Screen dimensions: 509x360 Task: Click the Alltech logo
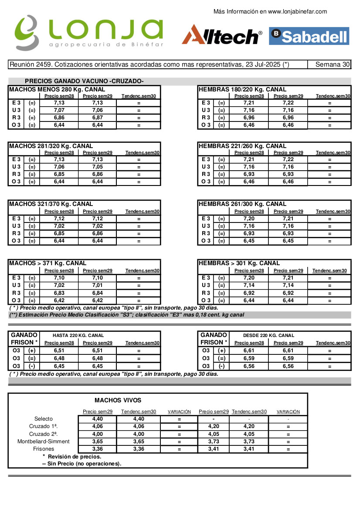tap(222, 35)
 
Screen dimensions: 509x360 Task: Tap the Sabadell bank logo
tap(309, 36)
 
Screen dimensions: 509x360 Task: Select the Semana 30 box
tap(333, 65)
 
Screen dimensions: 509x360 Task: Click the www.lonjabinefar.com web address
tap(297, 12)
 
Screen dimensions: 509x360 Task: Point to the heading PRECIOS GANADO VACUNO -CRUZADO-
tap(84, 81)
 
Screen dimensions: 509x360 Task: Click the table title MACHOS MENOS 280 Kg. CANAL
tap(57, 89)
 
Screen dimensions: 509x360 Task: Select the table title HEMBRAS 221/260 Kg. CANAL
tap(243, 146)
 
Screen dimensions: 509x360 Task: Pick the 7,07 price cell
tap(59, 110)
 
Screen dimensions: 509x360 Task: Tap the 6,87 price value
tap(98, 118)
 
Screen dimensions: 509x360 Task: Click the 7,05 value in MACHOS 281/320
tap(98, 167)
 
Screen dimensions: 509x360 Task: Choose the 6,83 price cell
tap(59, 293)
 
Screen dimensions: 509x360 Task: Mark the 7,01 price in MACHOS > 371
tap(98, 285)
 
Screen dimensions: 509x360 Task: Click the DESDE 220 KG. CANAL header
tap(268, 335)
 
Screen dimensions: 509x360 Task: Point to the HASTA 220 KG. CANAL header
tap(78, 335)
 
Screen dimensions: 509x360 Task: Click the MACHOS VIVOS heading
tap(118, 401)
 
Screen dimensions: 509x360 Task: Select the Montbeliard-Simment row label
tap(49, 442)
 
